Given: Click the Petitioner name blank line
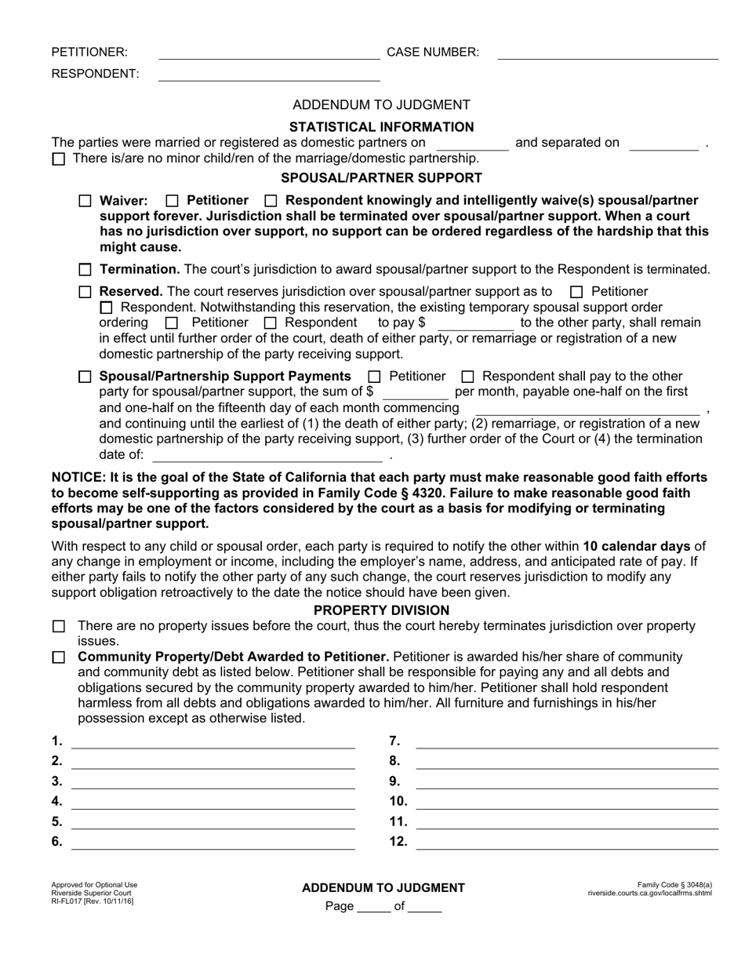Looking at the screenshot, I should pos(269,53).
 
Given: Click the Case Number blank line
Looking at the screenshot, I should pos(608,53).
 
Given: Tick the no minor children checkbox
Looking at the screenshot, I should pos(59,159).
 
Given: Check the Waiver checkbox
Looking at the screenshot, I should pos(85,201).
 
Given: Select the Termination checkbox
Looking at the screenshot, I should pos(85,270).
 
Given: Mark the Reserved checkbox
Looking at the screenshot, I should pos(85,292).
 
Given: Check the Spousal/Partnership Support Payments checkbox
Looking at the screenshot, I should pos(85,377).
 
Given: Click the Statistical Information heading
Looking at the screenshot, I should pos(381,127).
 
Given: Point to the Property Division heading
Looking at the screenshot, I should pos(381,610).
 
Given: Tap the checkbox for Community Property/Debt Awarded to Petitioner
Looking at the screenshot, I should pos(59,657).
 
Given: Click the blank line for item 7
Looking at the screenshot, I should pos(566,742).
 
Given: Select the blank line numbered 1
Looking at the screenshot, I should pos(213,742).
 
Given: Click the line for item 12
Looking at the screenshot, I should pos(566,843).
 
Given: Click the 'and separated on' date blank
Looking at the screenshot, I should pos(663,144).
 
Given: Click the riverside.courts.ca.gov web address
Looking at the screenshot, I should pos(649,893).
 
